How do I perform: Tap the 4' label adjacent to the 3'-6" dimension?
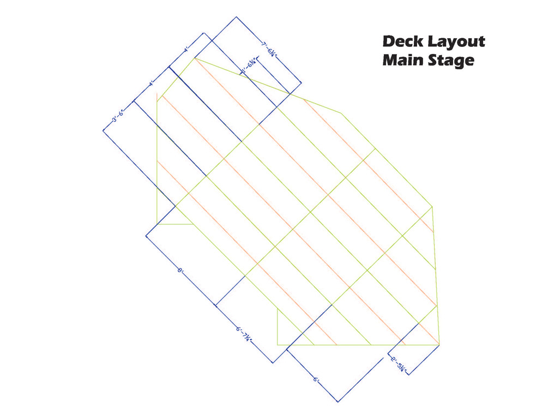(x=151, y=84)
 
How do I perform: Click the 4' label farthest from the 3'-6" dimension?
(x=186, y=50)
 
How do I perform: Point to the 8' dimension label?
(x=180, y=270)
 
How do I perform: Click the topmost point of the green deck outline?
(x=194, y=58)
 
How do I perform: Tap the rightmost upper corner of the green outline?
(x=432, y=207)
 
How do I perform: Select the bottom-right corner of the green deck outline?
(x=439, y=345)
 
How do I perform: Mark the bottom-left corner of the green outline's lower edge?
(x=278, y=345)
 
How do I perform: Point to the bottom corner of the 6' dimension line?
(x=338, y=402)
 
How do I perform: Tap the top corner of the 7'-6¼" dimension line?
(x=236, y=17)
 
